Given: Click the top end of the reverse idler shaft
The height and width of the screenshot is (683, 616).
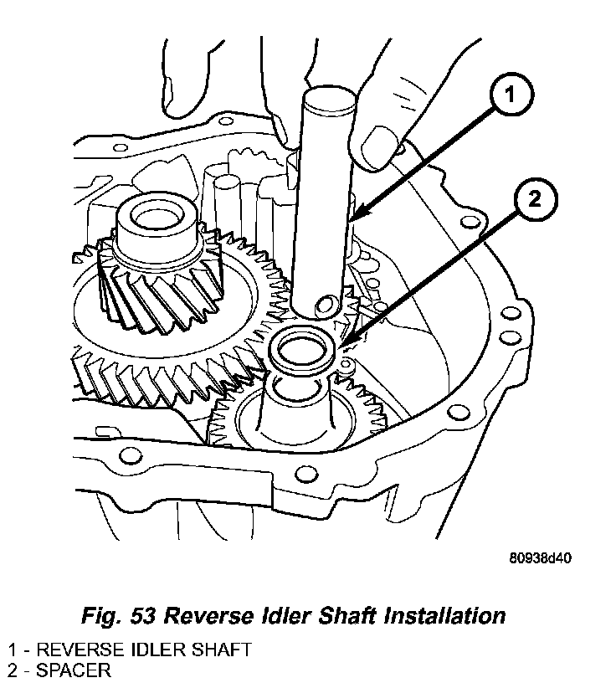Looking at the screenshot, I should (x=325, y=101).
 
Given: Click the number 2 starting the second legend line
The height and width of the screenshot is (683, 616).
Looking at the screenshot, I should (x=12, y=670).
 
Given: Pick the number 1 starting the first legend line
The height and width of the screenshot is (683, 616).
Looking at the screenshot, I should (x=12, y=650).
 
